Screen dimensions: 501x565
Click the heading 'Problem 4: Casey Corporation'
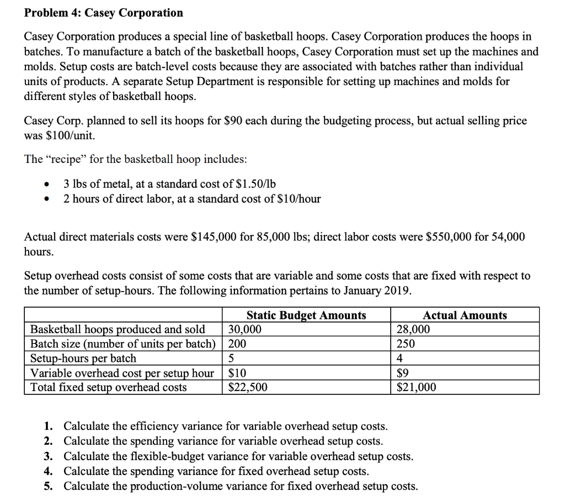click(x=104, y=12)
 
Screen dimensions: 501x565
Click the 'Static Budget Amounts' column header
click(x=306, y=315)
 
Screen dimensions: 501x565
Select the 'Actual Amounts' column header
click(x=465, y=315)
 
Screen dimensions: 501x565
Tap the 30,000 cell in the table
click(x=245, y=330)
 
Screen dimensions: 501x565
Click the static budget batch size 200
click(x=238, y=344)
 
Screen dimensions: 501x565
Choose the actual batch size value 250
click(x=406, y=344)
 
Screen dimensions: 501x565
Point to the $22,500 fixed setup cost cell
click(x=248, y=387)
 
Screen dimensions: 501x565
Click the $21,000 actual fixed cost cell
click(x=416, y=387)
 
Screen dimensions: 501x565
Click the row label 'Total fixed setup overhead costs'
click(x=108, y=387)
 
